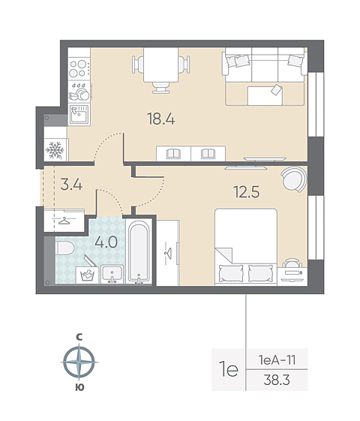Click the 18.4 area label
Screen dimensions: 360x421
(x=161, y=119)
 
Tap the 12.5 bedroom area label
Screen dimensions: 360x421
(x=247, y=192)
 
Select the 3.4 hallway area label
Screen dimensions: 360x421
(x=71, y=185)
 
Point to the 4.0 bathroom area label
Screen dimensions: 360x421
(x=106, y=242)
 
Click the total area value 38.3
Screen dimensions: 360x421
(x=277, y=380)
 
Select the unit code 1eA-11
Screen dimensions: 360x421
(x=277, y=359)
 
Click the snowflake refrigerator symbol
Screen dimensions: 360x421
(x=55, y=150)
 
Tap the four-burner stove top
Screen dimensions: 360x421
(x=79, y=68)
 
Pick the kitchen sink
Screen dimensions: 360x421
(x=79, y=115)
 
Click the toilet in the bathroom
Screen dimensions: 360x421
(x=64, y=248)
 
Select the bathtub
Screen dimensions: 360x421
(x=139, y=251)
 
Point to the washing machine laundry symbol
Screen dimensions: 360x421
(x=87, y=275)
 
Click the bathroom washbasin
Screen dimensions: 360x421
(x=112, y=274)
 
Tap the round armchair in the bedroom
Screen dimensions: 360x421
(x=294, y=179)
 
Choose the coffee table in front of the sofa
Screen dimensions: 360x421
(x=265, y=95)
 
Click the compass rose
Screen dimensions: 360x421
(x=79, y=362)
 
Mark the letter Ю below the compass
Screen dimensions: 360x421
(x=79, y=387)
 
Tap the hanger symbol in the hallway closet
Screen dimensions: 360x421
(x=64, y=221)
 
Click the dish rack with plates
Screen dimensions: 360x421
(x=79, y=92)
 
